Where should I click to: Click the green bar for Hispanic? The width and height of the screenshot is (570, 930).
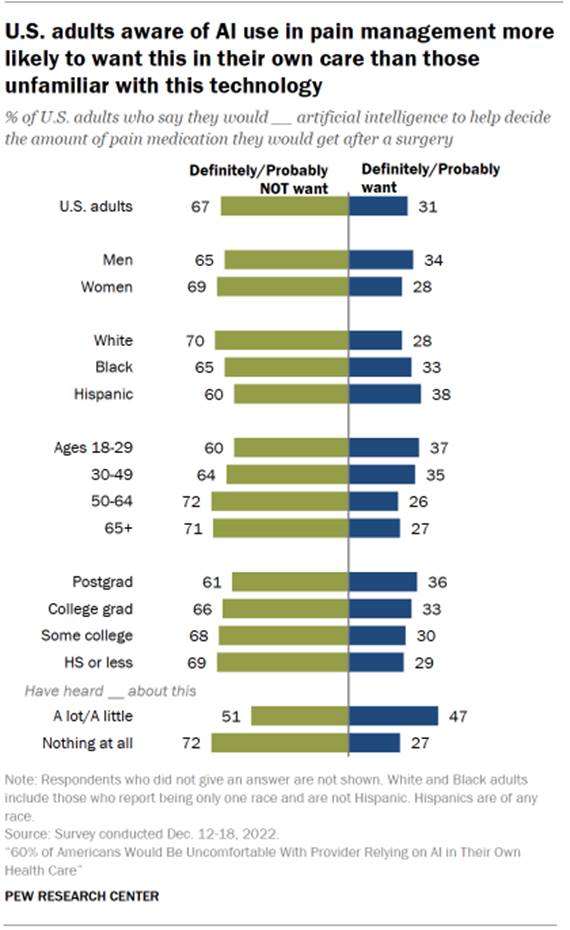tap(290, 394)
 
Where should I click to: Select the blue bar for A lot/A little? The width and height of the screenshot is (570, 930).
tap(394, 715)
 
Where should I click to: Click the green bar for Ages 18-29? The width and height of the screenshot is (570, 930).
tap(290, 447)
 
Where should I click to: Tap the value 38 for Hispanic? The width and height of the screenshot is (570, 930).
tap(440, 394)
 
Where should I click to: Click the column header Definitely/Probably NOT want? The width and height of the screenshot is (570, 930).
tap(258, 178)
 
